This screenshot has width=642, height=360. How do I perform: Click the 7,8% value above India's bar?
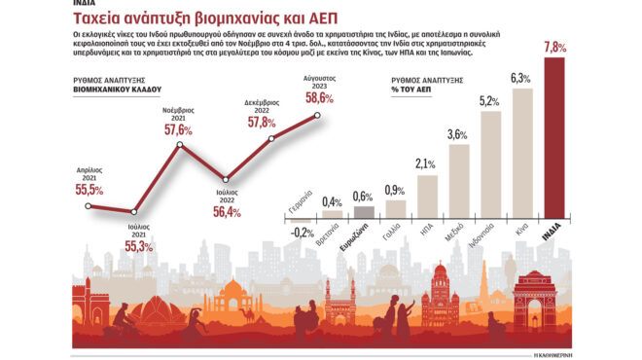pyautogui.click(x=554, y=47)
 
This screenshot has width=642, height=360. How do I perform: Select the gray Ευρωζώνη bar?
pyautogui.click(x=364, y=214)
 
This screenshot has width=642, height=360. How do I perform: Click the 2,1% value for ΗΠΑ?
pyautogui.click(x=425, y=163)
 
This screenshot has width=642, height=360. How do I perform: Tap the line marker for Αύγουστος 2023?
pyautogui.click(x=318, y=117)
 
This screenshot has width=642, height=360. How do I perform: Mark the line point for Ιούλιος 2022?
pyautogui.click(x=225, y=178)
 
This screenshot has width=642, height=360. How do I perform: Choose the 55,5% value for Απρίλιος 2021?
pyautogui.click(x=89, y=190)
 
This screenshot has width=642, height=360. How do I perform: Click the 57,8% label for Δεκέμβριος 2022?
pyautogui.click(x=260, y=123)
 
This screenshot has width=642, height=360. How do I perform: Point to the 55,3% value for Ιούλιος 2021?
pyautogui.click(x=139, y=247)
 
